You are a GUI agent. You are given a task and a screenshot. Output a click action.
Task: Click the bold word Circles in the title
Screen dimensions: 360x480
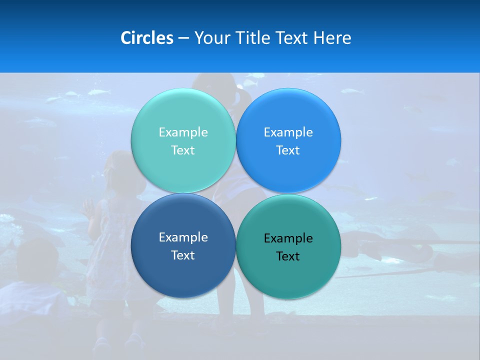(x=147, y=38)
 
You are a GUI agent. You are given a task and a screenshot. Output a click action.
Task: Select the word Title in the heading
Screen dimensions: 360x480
(x=253, y=38)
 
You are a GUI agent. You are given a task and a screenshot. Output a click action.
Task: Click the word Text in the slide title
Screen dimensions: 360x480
(x=292, y=38)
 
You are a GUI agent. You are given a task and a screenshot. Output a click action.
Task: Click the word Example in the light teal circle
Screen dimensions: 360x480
(x=183, y=132)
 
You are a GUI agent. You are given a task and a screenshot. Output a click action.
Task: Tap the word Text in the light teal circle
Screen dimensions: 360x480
(x=183, y=150)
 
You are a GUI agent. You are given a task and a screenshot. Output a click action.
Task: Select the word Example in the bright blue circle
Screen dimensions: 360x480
(x=288, y=132)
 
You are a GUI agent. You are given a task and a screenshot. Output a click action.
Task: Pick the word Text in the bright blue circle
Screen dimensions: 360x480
(x=288, y=150)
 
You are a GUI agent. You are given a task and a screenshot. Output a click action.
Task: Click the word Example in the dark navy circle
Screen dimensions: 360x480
(x=183, y=237)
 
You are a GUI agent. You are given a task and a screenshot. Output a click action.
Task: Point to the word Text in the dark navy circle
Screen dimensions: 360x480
(x=183, y=255)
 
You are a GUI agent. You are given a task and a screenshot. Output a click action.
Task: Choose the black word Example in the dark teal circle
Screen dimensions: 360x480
(x=288, y=238)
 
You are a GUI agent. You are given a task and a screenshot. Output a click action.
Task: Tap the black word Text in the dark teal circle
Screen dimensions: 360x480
(x=288, y=256)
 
